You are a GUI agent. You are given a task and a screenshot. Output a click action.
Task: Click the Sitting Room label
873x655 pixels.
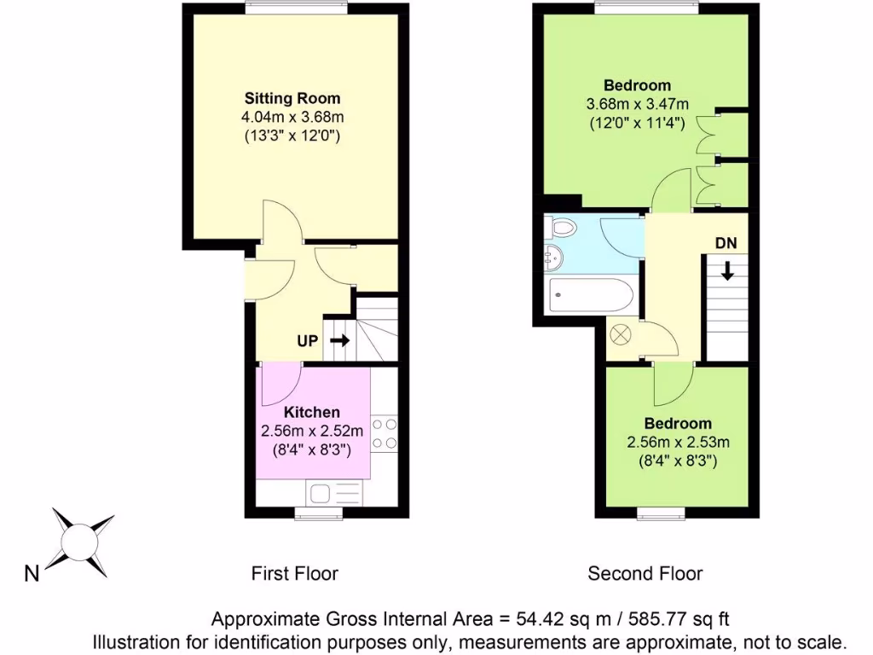tap(292, 98)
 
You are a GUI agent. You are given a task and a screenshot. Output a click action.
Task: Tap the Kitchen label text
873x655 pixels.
tap(313, 413)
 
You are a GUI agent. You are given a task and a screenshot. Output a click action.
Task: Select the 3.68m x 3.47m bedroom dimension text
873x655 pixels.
tap(637, 104)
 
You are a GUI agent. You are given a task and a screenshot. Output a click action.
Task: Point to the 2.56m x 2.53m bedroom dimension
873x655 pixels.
tap(679, 443)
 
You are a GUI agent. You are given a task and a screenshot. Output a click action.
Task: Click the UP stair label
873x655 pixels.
tap(308, 341)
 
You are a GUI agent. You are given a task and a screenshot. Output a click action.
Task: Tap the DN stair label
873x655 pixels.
tap(726, 243)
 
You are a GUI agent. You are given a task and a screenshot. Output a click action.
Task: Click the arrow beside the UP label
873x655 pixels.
tap(338, 341)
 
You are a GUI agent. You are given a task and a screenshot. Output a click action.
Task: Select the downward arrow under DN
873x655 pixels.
tap(727, 271)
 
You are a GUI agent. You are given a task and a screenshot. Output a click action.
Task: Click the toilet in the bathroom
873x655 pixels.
tap(562, 229)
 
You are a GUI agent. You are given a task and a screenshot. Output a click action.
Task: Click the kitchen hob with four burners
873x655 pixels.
tap(384, 432)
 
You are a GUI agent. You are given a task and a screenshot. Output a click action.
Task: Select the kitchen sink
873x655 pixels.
tap(325, 493)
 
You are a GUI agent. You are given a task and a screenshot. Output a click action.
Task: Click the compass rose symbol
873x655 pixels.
tap(83, 540)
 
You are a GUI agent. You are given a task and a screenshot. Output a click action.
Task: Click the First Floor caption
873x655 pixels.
tap(295, 573)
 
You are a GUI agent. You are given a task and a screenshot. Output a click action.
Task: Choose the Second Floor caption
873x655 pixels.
tap(645, 573)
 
